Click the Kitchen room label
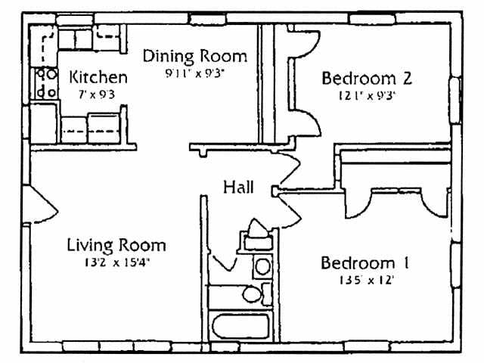pos(98,77)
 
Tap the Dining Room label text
pos(195,57)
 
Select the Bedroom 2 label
pos(366,79)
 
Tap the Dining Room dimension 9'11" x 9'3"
pos(195,73)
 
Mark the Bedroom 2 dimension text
pos(366,96)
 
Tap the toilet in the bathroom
pos(253,293)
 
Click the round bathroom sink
pos(262,266)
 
